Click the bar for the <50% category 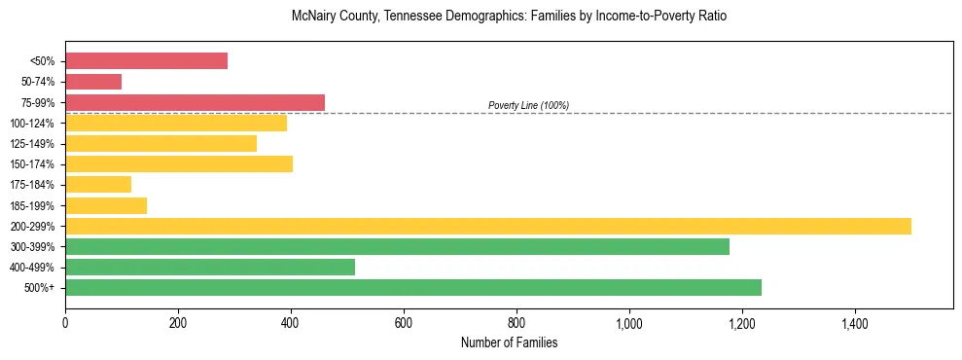[x=146, y=61]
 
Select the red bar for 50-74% [x=93, y=82]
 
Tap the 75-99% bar [x=195, y=102]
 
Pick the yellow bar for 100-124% [x=176, y=123]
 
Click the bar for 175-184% [x=98, y=185]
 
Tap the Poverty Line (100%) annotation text [x=528, y=105]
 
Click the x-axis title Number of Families [x=509, y=342]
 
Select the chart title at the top [x=509, y=17]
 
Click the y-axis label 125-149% [x=32, y=144]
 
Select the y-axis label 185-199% [x=32, y=206]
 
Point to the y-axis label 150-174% [x=32, y=164]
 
